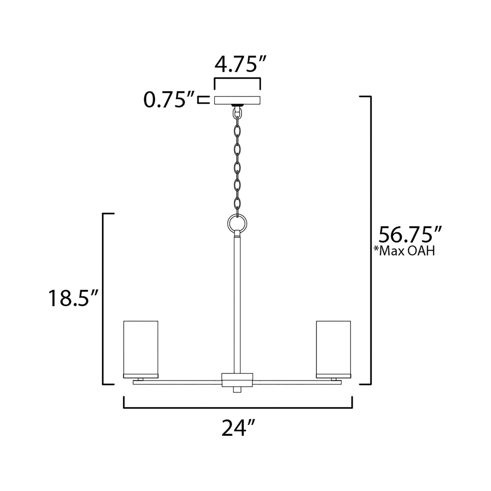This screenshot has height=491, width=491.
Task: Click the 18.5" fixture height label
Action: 73,299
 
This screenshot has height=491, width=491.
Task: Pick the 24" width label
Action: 238,428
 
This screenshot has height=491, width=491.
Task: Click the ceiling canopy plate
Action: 237,100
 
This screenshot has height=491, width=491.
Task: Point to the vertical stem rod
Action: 237,305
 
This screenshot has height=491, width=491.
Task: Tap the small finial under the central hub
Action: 237,396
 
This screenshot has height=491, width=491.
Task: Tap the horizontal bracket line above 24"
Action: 238,408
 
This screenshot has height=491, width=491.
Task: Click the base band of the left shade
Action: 141,376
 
